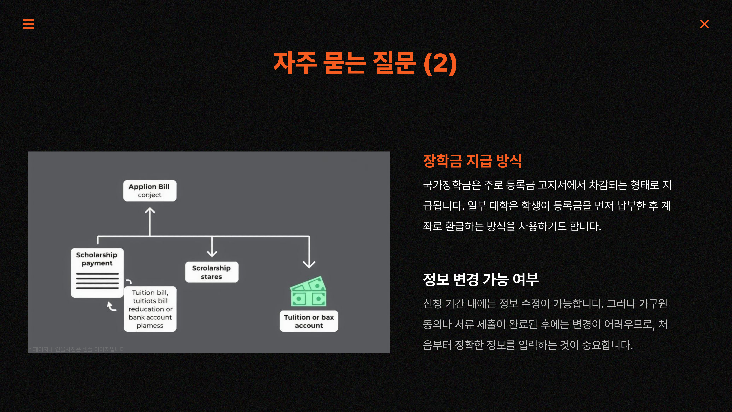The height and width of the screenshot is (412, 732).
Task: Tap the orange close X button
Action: coord(704,24)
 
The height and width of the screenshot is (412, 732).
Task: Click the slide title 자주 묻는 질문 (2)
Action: coord(365,63)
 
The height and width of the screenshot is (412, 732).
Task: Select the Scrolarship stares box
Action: coord(211,272)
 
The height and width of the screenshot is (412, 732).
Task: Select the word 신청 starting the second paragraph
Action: coord(432,304)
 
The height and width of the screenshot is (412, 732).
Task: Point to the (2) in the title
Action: coord(440,63)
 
